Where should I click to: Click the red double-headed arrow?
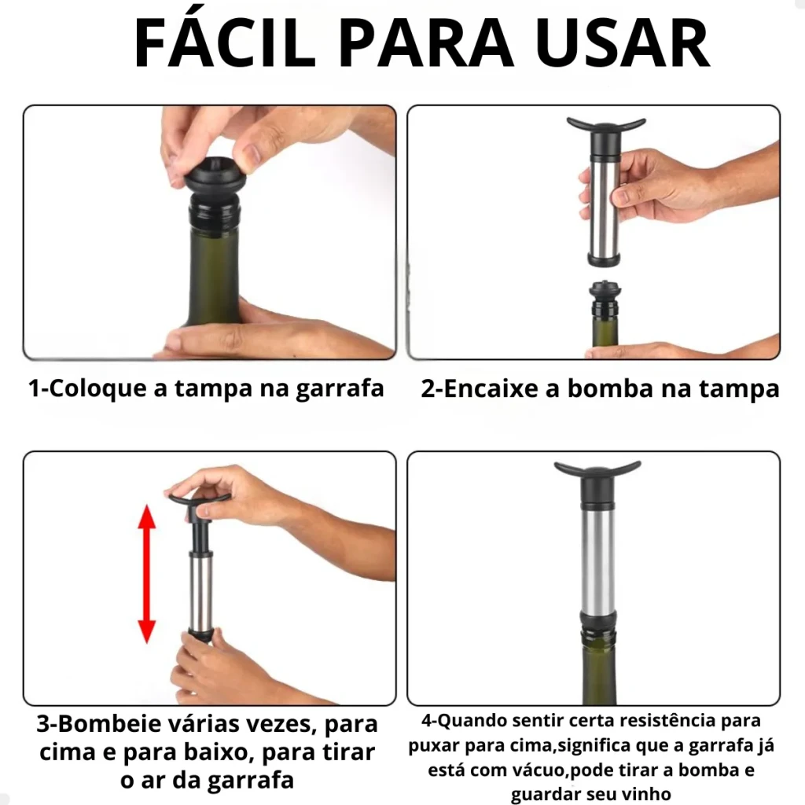(x=147, y=574)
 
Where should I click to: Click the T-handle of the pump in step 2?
(x=606, y=126)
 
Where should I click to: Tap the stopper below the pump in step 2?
(x=605, y=298)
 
